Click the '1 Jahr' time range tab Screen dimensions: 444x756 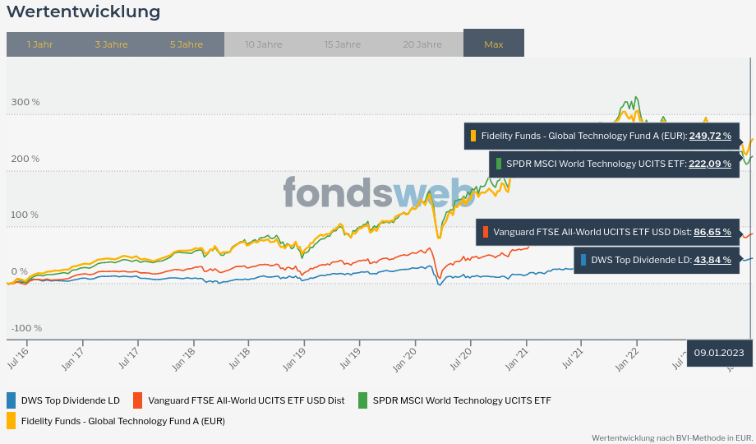point(39,44)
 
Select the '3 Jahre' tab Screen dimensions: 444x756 point(111,44)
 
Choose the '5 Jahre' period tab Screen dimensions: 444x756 point(187,44)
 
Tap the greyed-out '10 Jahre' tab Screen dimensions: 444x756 point(263,44)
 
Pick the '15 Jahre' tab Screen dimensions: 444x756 point(342,44)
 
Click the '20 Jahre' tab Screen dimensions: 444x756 point(422,44)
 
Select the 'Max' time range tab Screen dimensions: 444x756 point(494,44)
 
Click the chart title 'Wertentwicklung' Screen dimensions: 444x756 point(84,12)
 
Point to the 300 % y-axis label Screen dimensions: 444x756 point(25,102)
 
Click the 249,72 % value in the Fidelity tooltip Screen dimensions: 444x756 point(710,136)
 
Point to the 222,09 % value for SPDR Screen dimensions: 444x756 point(710,164)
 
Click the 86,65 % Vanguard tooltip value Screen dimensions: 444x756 point(712,232)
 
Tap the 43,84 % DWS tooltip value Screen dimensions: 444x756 point(712,260)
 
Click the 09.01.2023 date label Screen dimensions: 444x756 point(719,353)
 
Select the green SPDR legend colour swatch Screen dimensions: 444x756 point(362,400)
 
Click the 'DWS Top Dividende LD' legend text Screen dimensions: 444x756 point(71,400)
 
